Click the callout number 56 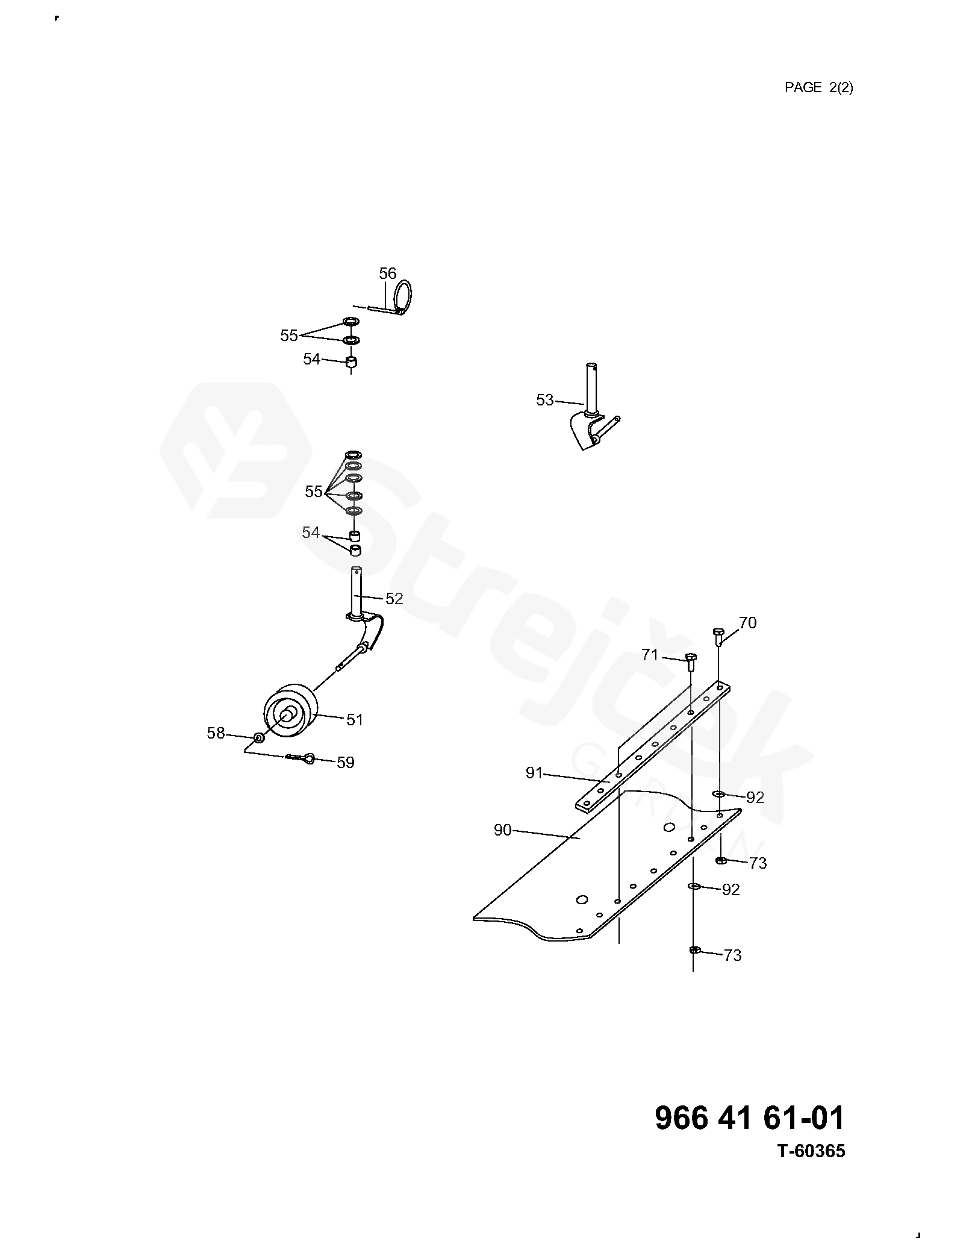point(387,274)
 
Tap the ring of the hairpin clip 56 point(404,296)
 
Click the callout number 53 point(544,400)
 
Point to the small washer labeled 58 point(258,738)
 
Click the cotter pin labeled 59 point(302,758)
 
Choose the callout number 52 point(394,599)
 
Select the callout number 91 point(534,773)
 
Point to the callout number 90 point(502,831)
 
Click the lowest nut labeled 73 point(694,950)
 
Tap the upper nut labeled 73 point(721,861)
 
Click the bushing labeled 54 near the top point(352,363)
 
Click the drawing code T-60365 point(811,1168)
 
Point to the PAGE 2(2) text point(818,88)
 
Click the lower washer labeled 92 point(694,886)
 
